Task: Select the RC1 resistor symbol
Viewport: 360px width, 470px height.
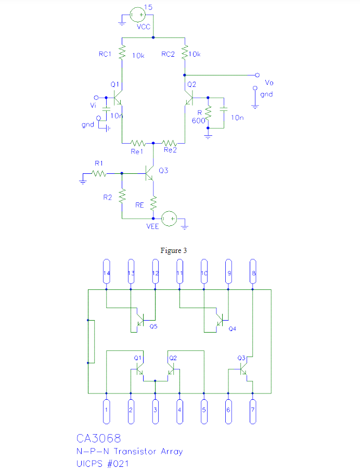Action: [122, 53]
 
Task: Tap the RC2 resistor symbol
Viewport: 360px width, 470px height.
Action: [185, 53]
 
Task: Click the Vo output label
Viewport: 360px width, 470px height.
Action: [268, 83]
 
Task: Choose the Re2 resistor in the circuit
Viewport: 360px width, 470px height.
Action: [170, 142]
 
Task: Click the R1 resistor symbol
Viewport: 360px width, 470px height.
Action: [99, 173]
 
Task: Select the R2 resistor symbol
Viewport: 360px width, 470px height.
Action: [122, 196]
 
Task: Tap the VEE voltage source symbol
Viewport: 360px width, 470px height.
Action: [169, 219]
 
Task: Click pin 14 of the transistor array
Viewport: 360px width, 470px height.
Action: [106, 273]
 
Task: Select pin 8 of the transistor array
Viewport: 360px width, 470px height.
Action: [253, 273]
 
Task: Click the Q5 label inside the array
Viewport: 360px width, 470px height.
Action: [153, 326]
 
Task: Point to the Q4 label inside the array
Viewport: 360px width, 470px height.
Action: [232, 328]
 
